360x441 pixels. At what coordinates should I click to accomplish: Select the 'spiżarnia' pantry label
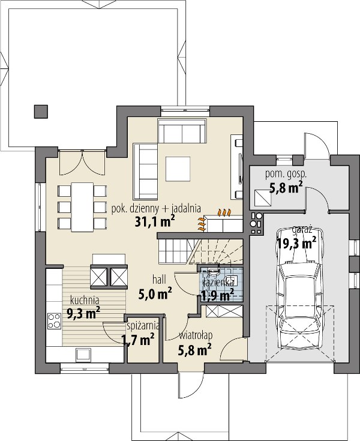pos(143,326)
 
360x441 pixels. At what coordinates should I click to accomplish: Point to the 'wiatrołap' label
pos(196,335)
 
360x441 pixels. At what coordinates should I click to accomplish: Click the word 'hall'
pos(159,280)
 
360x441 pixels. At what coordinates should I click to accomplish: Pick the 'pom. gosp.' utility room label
pos(286,175)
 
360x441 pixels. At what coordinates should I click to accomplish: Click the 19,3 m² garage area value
pos(297,243)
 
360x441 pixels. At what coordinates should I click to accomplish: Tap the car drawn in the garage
pos(300,291)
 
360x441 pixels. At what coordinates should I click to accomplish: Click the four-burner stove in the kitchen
pos(55,321)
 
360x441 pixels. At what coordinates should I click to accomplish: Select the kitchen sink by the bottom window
pos(83,355)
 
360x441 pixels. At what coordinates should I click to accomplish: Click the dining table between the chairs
pos(82,207)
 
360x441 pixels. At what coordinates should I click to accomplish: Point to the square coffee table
pos(178,169)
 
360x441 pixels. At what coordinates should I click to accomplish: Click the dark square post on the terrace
pos(41,112)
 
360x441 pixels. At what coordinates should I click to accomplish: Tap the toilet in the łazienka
pos(215,271)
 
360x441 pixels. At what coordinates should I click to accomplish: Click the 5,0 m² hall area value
pos(155,294)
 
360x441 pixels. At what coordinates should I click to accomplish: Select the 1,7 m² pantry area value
pos(137,340)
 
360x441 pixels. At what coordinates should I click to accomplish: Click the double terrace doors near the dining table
pos(83,163)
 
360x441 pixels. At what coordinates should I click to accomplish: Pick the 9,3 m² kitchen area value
pos(83,312)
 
